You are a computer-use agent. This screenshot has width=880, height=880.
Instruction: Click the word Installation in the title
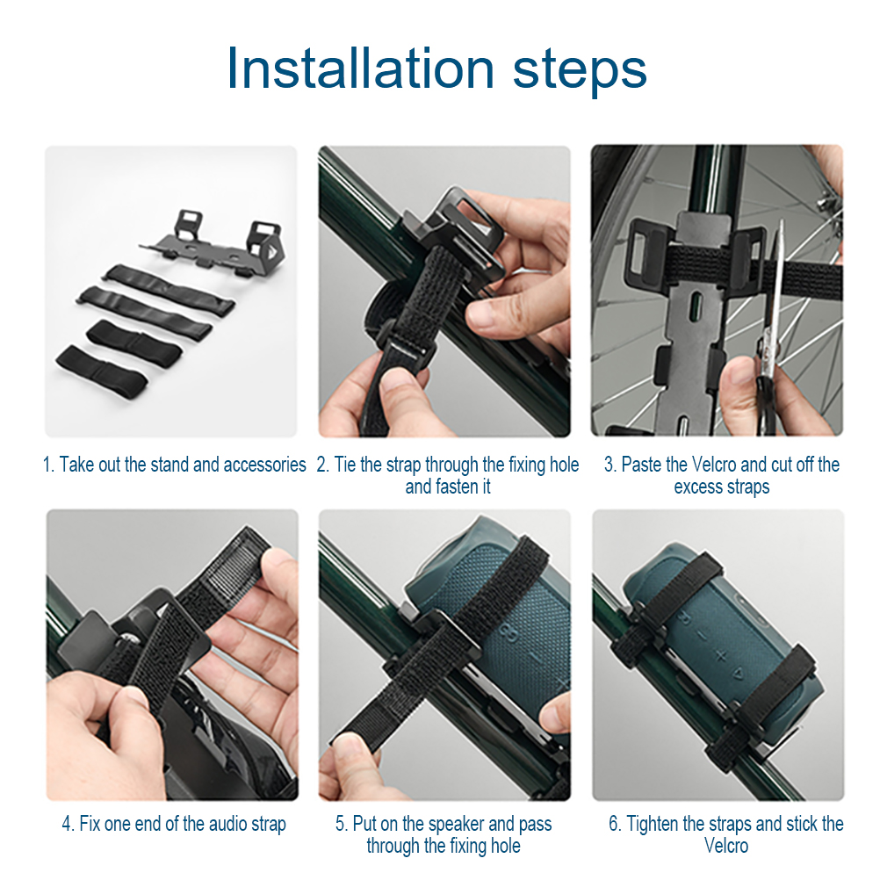360,69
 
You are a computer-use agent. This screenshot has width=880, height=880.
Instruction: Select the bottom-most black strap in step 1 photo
102,368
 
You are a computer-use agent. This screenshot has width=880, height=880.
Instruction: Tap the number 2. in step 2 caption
322,465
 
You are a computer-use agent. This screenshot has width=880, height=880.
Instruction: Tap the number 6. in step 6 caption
615,824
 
